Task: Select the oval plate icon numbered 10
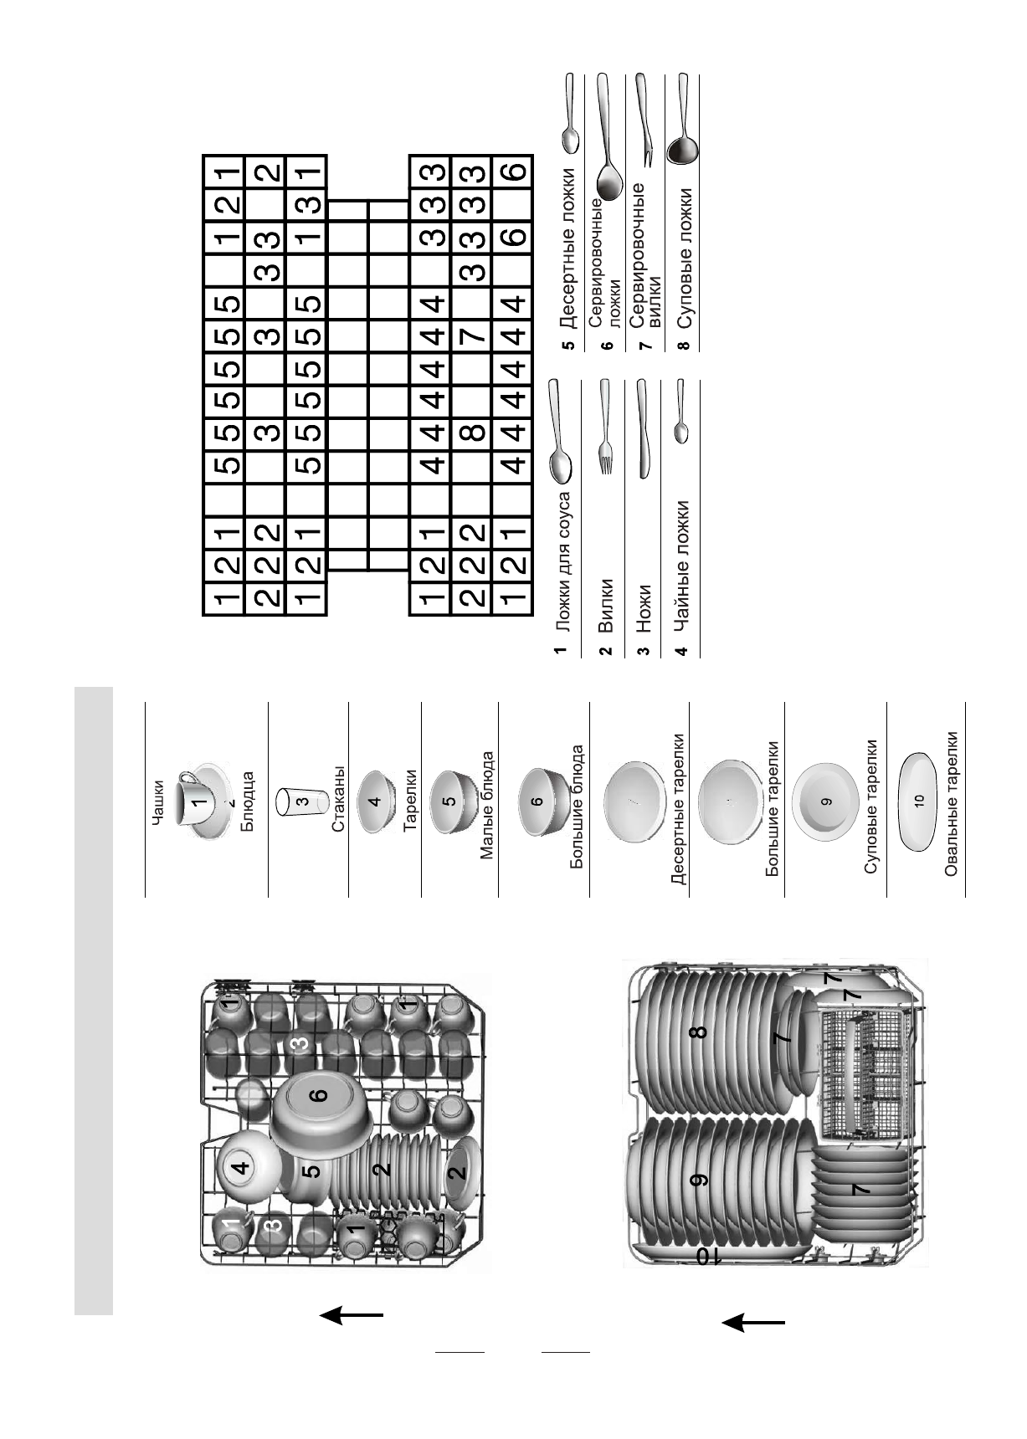tap(917, 801)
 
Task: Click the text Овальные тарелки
tap(951, 803)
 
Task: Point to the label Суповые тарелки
tap(870, 806)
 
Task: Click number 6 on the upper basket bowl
tap(321, 1095)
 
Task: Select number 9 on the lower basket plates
tap(699, 1179)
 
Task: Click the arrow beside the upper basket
tap(351, 1315)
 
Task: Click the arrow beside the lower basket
tap(752, 1323)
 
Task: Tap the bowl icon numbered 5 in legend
tap(450, 801)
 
